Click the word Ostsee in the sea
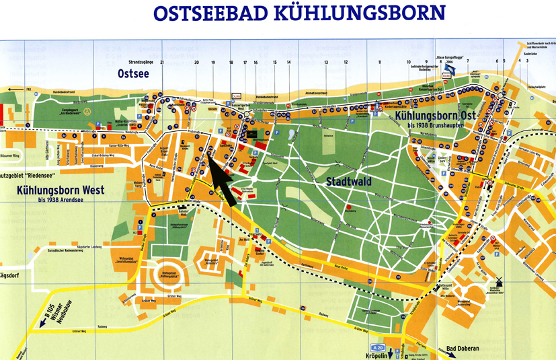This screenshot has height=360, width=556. pyautogui.click(x=133, y=73)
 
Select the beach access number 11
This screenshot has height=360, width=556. pyautogui.click(x=379, y=62)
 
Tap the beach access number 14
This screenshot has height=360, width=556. pyautogui.click(x=288, y=62)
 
